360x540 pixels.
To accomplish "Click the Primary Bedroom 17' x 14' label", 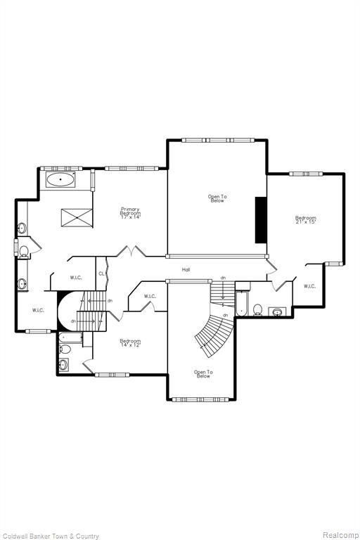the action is pos(131,213).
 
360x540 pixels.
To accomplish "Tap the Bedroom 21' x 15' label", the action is pos(306,219).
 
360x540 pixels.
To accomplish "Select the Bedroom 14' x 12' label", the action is pos(131,343).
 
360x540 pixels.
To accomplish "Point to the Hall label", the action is pos(186,270).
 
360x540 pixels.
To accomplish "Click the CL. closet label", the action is pos(101,274).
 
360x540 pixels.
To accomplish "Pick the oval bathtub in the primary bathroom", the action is pos(60,180).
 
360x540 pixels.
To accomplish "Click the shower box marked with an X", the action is pos(77,218).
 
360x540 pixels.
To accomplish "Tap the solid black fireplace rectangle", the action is pos(261,220).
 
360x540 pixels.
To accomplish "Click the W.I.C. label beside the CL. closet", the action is pos(76,278).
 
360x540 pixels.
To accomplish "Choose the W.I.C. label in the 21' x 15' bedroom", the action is pos(309,286).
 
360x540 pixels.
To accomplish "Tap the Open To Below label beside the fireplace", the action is pos(217,199).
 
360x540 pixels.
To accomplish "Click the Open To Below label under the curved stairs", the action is pos(203,374).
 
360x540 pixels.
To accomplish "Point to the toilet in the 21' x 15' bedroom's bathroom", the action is pos(257,309).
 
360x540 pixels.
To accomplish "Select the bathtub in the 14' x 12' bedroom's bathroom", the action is pos(70,337).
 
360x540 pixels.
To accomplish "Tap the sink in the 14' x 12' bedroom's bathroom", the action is pos(63,364).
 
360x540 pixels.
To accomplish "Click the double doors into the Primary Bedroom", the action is pos(131,251).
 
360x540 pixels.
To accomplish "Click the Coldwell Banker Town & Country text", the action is pos(50,536).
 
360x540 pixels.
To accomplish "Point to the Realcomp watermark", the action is pos(340,535).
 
